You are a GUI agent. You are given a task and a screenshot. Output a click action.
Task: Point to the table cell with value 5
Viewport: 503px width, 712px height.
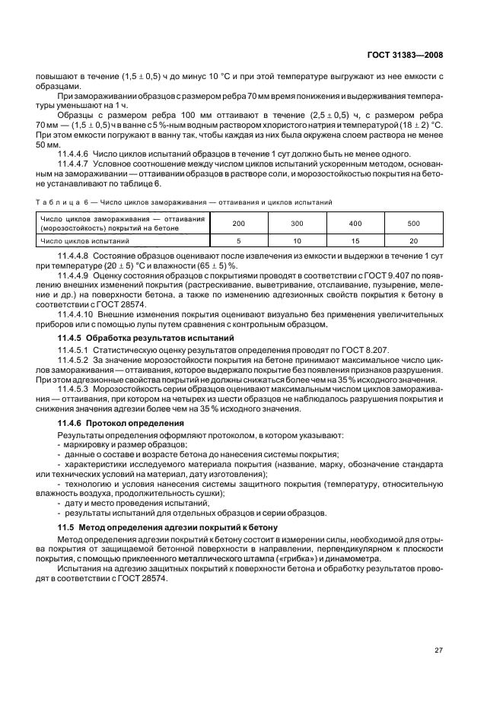(x=238, y=241)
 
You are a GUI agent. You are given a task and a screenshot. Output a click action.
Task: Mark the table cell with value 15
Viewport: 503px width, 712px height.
(x=355, y=241)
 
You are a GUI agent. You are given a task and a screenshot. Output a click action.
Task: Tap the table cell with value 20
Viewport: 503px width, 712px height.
(x=413, y=241)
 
